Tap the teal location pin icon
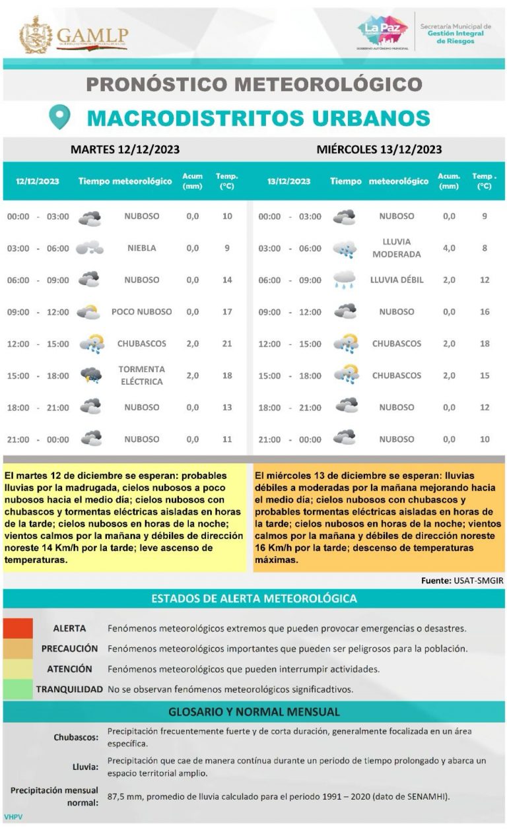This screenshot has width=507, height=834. tap(60, 117)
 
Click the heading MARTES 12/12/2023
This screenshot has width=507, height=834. tap(125, 150)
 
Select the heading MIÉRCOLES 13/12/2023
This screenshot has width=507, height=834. tap(379, 150)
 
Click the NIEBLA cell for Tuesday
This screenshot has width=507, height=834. tap(141, 248)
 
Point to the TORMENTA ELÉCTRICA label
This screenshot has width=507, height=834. tap(141, 375)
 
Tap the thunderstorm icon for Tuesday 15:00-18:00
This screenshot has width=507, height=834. tap(91, 375)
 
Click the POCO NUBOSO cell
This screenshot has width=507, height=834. tap(141, 311)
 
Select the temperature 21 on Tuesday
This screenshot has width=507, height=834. tap(227, 344)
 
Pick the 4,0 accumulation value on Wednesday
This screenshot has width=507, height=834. tap(449, 248)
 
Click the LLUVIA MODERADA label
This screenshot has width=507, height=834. tap(396, 248)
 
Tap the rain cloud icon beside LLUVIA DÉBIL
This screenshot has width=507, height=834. tap(345, 280)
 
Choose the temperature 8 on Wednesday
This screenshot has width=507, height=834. tap(485, 248)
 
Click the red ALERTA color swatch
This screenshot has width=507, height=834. tap(18, 628)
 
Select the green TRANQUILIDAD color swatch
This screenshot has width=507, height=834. tap(18, 689)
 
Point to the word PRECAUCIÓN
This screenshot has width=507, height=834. tap(69, 649)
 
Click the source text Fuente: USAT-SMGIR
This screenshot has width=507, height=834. tap(462, 581)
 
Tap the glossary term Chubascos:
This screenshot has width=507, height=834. tap(76, 737)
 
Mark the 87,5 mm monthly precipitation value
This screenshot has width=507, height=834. tap(124, 796)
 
